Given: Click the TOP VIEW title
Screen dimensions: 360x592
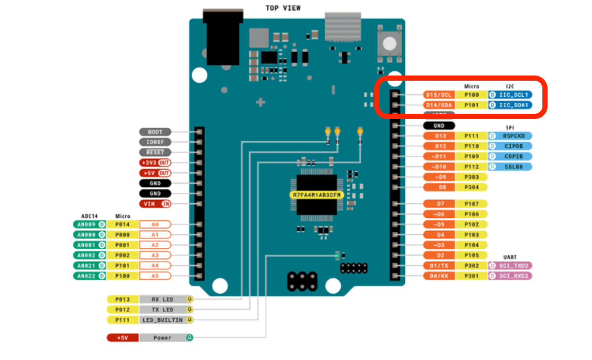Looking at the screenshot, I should [283, 8].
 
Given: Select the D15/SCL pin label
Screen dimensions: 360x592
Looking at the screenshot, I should [439, 95].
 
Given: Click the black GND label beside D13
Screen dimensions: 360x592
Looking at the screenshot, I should [438, 126].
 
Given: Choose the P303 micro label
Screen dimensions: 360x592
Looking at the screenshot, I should [471, 177].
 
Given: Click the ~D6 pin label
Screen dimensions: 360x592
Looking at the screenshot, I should [439, 214].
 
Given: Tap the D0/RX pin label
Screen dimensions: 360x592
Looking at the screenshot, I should [439, 276].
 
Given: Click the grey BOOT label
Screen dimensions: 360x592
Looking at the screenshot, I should [155, 132].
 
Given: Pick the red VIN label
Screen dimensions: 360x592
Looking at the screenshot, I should [155, 204].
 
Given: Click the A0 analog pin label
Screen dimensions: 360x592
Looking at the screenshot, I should [155, 224].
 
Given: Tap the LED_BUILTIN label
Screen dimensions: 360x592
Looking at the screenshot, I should [162, 320].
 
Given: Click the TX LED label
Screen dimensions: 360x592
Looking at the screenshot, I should [162, 309].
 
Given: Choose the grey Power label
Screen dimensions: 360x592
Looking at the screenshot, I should [162, 338].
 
